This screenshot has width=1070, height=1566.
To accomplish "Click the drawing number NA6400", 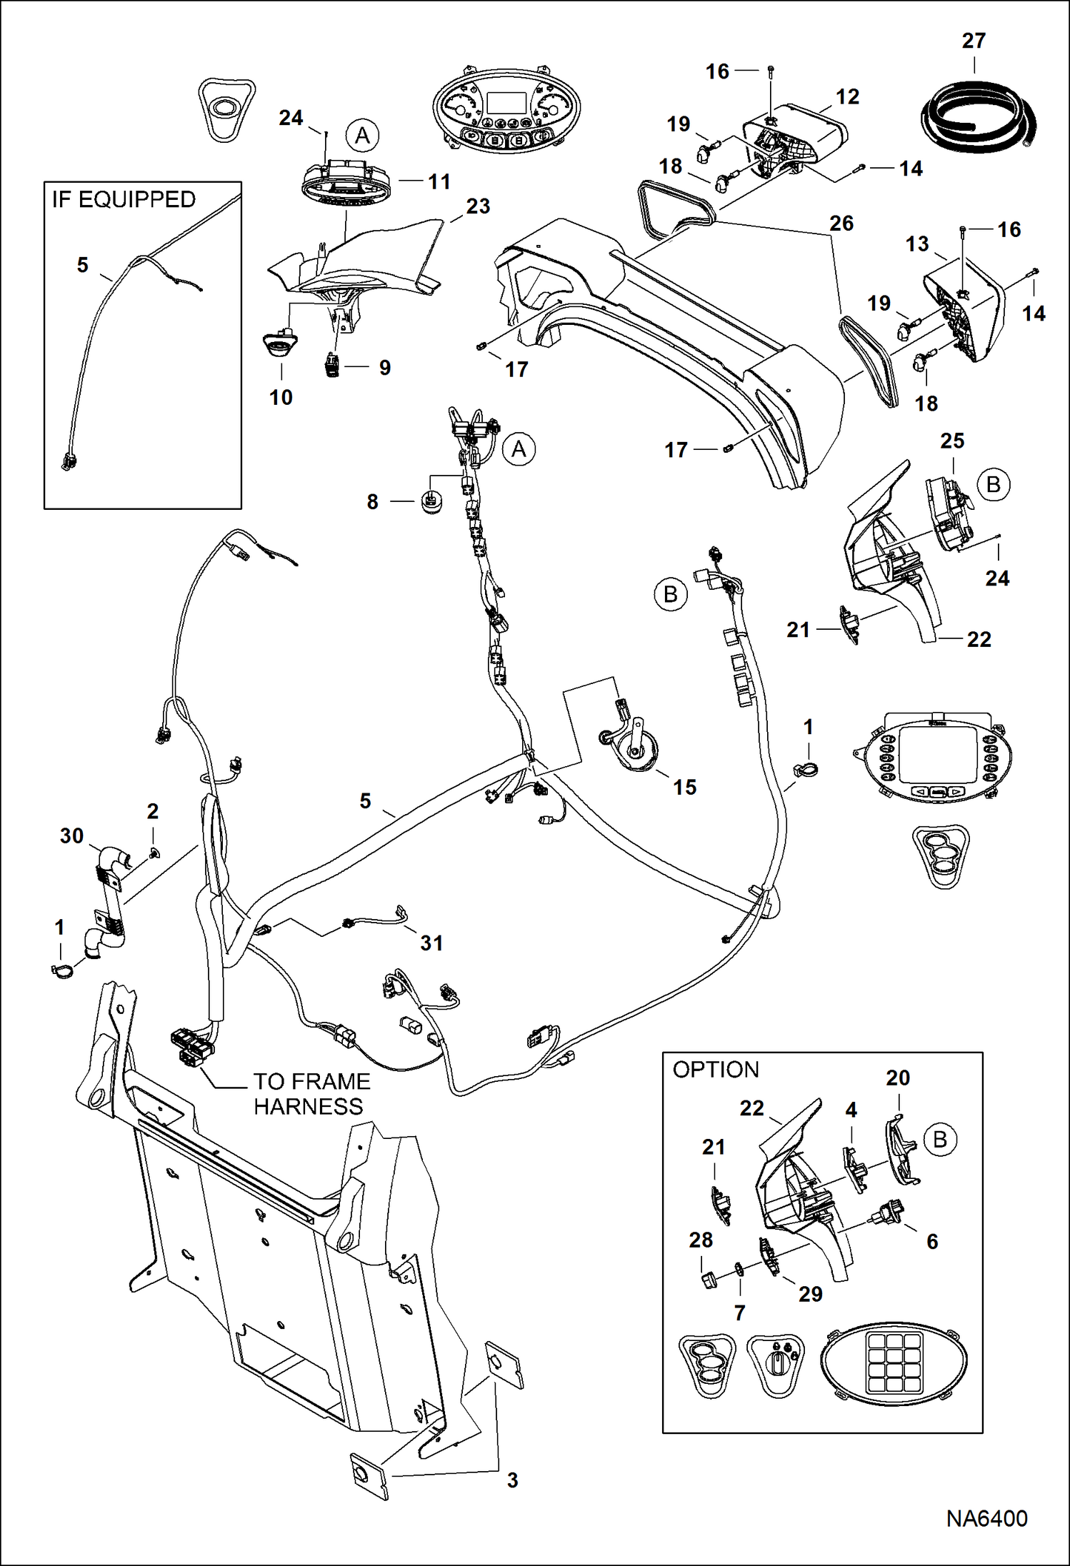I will tap(986, 1518).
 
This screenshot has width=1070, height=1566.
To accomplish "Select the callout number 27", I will tap(974, 41).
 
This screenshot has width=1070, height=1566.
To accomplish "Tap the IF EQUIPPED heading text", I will tap(124, 200).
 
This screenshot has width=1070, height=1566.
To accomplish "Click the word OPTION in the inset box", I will tap(716, 1070).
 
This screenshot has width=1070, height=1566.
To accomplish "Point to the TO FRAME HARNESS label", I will tap(311, 1094).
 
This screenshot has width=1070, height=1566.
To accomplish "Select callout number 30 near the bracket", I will tap(71, 835).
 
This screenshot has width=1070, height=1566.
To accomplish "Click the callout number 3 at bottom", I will tap(512, 1480).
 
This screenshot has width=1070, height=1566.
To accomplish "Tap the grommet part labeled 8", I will tap(432, 502).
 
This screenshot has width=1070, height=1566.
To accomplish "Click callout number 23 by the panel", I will tap(478, 206).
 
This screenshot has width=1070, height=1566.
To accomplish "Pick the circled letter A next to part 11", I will tap(362, 136).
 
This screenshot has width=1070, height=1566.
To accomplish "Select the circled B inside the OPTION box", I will tap(940, 1140).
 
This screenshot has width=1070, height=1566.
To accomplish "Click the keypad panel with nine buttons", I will tap(894, 1364).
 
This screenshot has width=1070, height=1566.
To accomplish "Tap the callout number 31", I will tap(431, 943).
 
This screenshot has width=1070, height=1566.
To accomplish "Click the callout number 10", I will tap(281, 398).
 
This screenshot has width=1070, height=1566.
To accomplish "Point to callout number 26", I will tap(841, 224).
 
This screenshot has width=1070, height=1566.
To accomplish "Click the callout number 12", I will tap(847, 97).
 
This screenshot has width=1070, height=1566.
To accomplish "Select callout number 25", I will tap(952, 441).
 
